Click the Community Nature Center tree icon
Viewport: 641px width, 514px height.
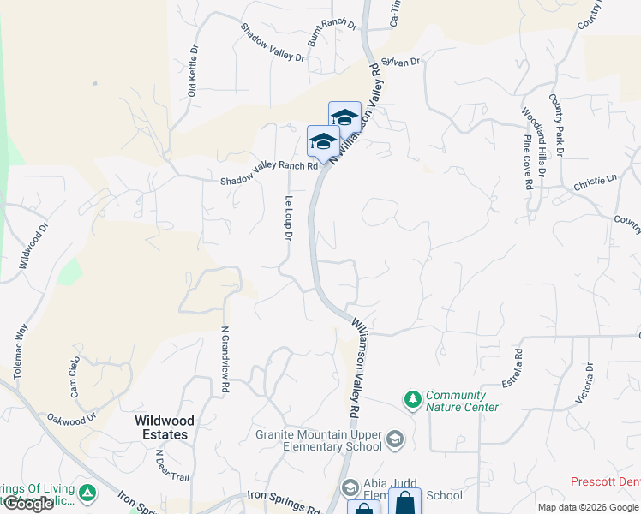tap(413, 399)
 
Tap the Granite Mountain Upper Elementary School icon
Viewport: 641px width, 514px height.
tap(394, 440)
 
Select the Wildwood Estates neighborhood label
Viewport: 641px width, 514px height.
tap(164, 427)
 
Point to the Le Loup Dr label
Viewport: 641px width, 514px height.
tap(289, 218)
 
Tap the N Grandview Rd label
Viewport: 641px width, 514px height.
tap(225, 360)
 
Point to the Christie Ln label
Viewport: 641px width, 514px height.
tap(596, 182)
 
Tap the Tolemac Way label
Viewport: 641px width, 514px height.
tap(21, 350)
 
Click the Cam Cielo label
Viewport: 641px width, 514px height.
tap(75, 378)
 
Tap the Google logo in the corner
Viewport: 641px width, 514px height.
tap(28, 504)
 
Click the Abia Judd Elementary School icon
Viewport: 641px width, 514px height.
tap(350, 488)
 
